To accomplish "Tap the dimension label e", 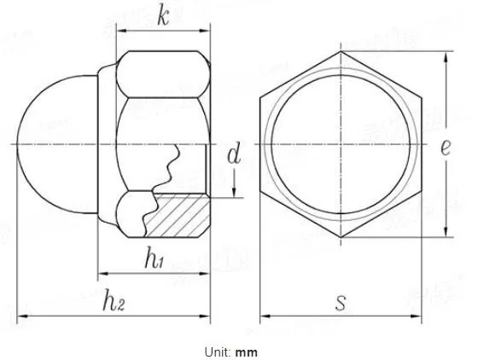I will (446, 147).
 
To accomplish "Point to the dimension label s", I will (341, 302).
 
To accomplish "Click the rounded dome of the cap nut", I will (47, 145).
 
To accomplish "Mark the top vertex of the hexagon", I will (341, 52).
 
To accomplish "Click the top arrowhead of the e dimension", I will (445, 56).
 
